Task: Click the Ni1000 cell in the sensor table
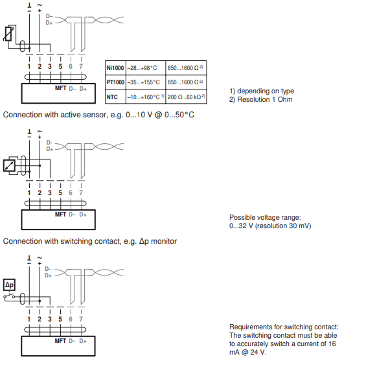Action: (x=115, y=68)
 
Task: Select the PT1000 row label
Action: (x=115, y=82)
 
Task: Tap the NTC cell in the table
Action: (x=115, y=97)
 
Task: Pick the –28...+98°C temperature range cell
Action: (x=146, y=68)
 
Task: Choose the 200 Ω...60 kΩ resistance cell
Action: (x=186, y=97)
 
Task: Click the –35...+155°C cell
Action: (x=146, y=82)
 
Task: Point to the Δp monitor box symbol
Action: (x=9, y=285)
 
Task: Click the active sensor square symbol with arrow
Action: (x=9, y=166)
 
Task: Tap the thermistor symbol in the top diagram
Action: (x=8, y=34)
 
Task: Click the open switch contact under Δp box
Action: (x=9, y=296)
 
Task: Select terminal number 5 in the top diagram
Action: (x=60, y=66)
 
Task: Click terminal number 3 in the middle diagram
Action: (x=50, y=193)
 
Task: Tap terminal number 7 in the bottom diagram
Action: (x=81, y=319)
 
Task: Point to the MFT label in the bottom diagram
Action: (x=60, y=341)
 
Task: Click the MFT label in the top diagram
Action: (x=60, y=88)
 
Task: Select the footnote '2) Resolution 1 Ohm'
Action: (x=261, y=99)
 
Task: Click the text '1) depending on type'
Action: (x=262, y=91)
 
